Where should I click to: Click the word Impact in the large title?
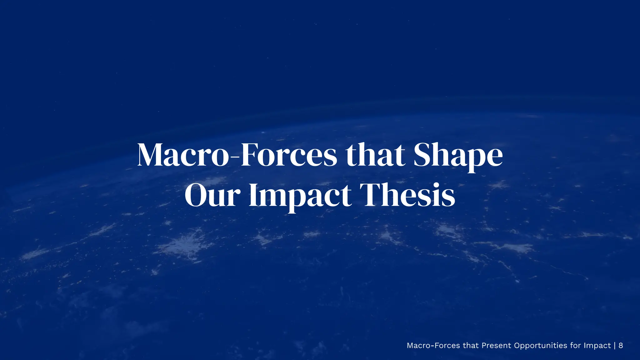pyautogui.click(x=300, y=196)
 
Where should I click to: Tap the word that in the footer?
pyautogui.click(x=471, y=345)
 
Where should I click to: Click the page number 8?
pyautogui.click(x=621, y=345)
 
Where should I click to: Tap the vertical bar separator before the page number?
pyautogui.click(x=615, y=345)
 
